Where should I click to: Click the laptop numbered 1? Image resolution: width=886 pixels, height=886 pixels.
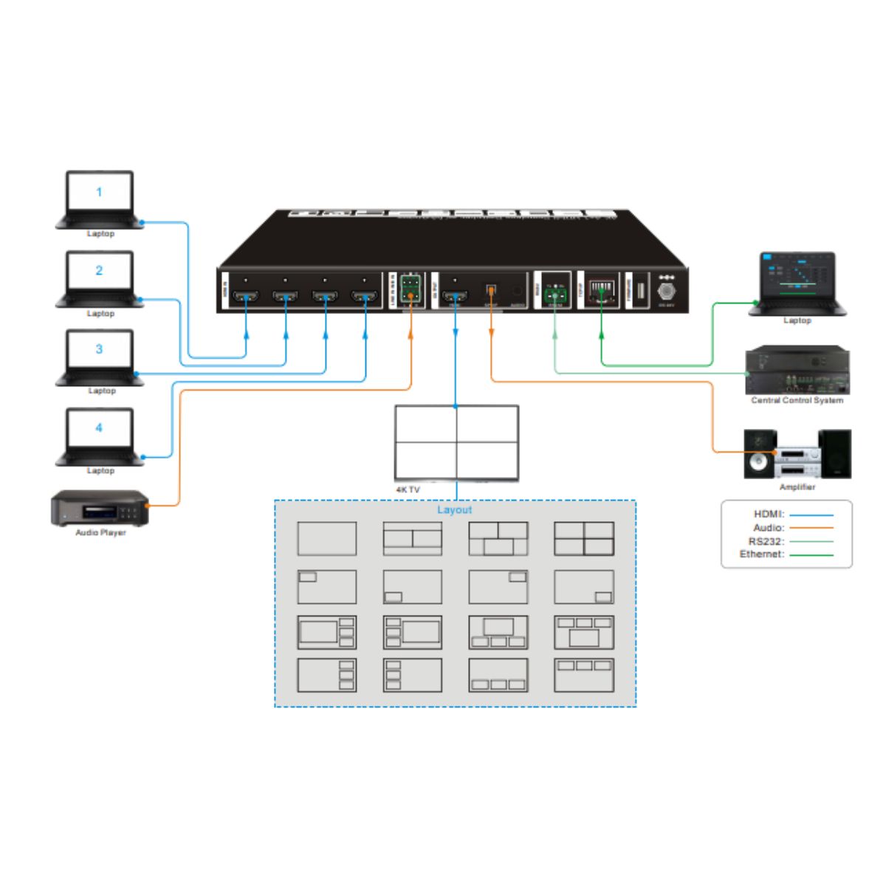tap(100, 198)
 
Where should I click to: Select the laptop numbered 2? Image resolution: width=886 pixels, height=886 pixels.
tap(100, 278)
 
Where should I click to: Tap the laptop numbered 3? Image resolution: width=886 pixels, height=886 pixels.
tap(100, 356)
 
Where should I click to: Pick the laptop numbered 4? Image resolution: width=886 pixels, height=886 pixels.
tap(100, 435)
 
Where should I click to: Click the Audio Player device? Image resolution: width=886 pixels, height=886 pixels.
tap(100, 509)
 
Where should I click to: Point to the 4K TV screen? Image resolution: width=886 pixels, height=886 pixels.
tap(456, 442)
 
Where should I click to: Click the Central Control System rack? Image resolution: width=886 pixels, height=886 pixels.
tap(797, 371)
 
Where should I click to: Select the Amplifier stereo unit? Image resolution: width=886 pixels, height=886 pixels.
tap(797, 453)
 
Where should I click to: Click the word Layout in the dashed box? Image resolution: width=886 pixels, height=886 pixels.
tap(454, 510)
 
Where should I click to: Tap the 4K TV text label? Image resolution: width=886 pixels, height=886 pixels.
tap(408, 490)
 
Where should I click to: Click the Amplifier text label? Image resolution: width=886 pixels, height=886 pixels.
tap(797, 487)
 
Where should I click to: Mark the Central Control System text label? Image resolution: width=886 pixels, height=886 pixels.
tap(797, 400)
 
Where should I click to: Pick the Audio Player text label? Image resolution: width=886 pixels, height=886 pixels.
tap(100, 533)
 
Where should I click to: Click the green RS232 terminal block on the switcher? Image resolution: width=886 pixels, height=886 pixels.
tap(555, 295)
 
